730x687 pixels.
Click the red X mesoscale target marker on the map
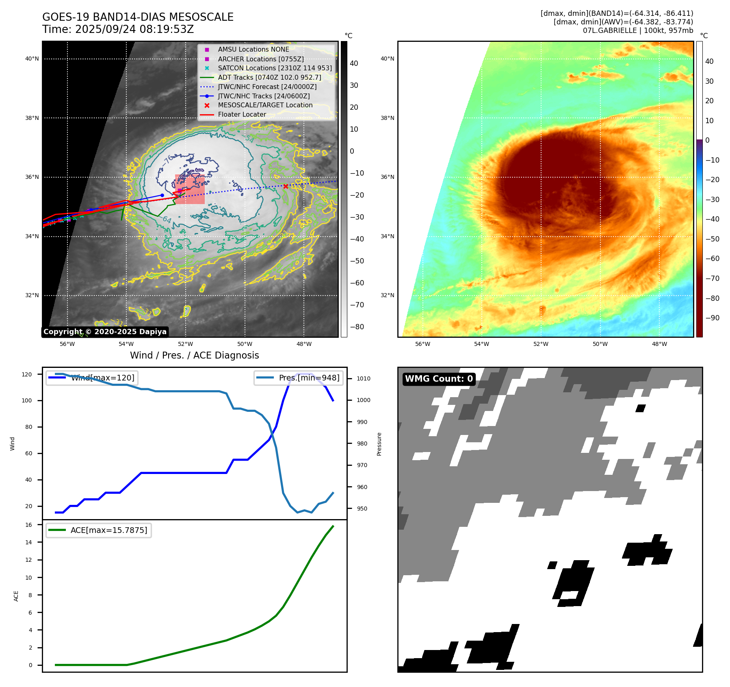286,186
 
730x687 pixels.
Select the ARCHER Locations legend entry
260,59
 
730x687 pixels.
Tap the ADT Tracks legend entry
269,77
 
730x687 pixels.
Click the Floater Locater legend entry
242,115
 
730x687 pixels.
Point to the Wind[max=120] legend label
102,378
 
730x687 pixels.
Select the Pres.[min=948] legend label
309,378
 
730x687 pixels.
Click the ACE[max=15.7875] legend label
108,530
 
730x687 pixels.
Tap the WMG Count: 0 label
439,379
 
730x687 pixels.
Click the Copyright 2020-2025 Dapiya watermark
105,332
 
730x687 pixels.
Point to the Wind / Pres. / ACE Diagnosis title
194,355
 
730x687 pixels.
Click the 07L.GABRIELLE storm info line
638,30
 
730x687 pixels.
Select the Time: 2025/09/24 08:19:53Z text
118,30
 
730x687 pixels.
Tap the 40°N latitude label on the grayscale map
32,59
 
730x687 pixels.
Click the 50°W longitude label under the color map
600,344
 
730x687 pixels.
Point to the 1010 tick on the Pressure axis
363,378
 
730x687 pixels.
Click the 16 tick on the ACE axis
29,525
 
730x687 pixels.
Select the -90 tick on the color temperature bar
712,318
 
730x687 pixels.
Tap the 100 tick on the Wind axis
26,400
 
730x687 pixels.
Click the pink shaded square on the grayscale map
190,189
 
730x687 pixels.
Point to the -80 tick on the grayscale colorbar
357,327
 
